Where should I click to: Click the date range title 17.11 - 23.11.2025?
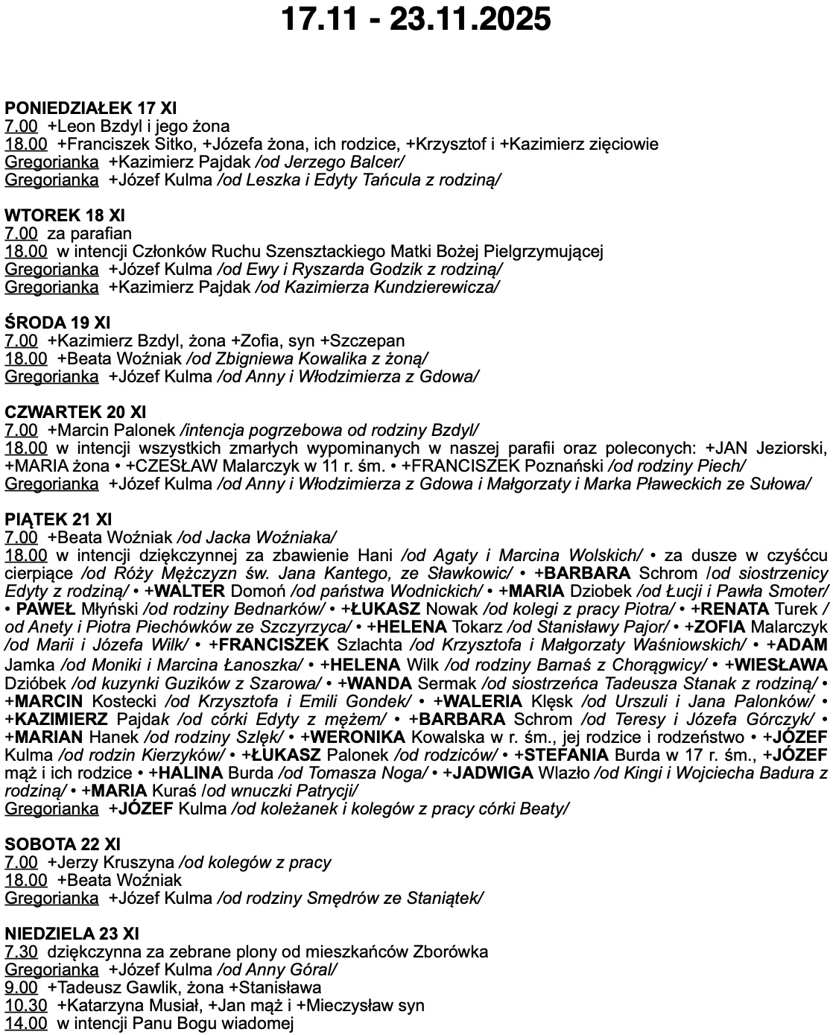tap(416, 19)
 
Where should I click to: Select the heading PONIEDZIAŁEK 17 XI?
tap(90, 108)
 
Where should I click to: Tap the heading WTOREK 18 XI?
tap(65, 215)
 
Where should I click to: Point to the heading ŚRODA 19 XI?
tap(57, 323)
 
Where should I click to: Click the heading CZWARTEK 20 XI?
tap(75, 412)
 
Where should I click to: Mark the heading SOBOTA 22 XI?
tap(63, 844)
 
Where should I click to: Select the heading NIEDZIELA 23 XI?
tap(72, 934)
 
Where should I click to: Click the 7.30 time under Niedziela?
tap(21, 952)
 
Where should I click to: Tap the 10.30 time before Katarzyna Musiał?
tap(26, 1005)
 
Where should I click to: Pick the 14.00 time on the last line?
tap(26, 1023)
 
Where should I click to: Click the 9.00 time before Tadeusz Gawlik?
tap(21, 987)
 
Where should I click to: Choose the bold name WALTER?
tap(189, 591)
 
